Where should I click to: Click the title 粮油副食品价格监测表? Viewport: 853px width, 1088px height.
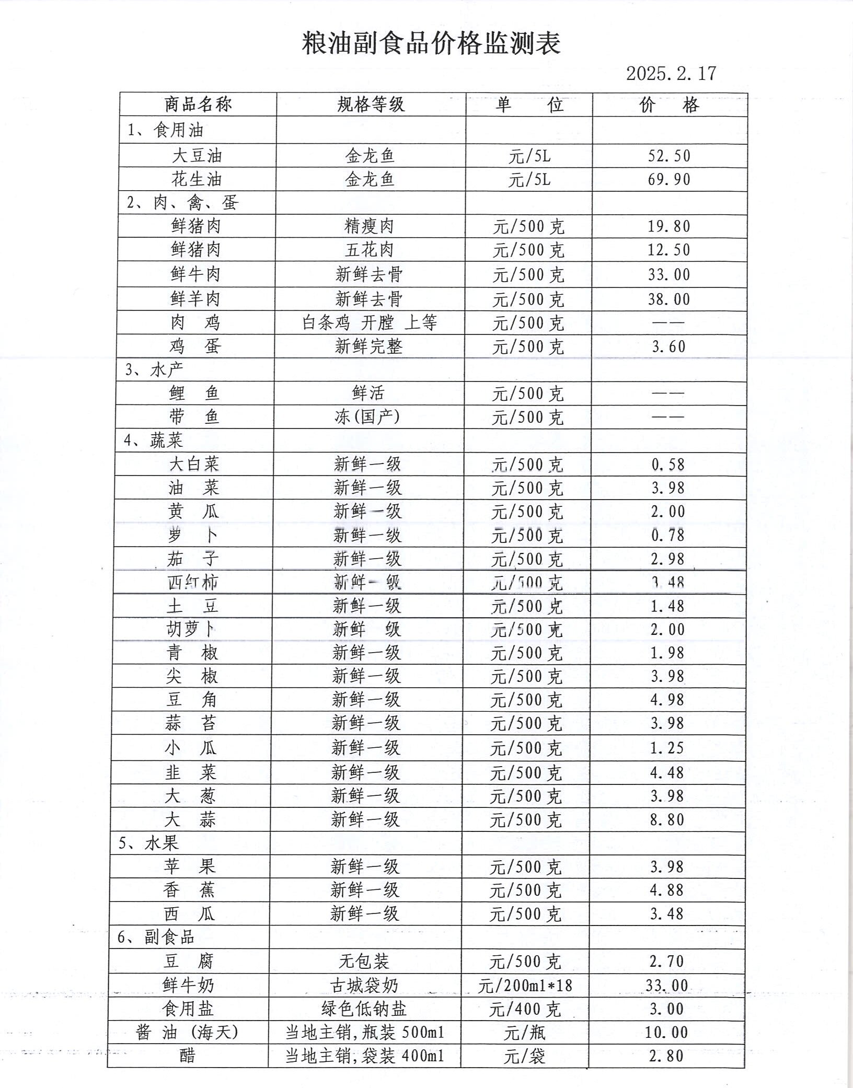coord(431,43)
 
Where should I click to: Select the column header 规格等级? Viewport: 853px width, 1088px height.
coord(371,105)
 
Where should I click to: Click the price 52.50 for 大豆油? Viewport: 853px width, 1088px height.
coord(669,156)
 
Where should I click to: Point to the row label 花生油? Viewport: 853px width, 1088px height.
coord(197,179)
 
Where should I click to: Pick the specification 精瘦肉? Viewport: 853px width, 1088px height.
coord(369,226)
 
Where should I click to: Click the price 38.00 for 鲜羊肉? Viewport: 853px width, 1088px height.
coord(669,299)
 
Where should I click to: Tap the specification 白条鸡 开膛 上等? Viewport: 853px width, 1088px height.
coord(370,322)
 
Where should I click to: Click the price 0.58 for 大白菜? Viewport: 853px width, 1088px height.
coord(667,464)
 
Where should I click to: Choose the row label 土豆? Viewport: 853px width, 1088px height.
coord(192,606)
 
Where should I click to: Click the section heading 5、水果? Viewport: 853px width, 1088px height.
coord(148,843)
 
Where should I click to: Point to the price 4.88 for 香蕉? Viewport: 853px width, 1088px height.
coord(666,889)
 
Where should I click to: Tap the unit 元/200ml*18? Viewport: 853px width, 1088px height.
coord(525,986)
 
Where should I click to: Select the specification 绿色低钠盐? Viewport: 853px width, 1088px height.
coord(363,1009)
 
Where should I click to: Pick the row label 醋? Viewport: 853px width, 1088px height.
coord(187,1056)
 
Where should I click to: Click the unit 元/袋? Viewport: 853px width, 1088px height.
coord(524,1056)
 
